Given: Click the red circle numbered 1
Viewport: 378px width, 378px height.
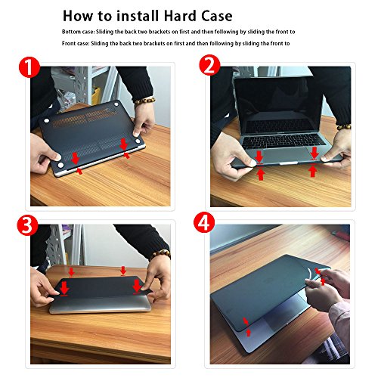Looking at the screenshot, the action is (29, 67).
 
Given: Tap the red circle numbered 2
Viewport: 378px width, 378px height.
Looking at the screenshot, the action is (209, 65).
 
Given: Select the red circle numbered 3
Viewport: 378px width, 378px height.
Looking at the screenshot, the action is (27, 225).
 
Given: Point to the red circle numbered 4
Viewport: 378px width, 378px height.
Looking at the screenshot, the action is (204, 222).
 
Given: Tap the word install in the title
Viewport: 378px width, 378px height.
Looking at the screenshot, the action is (138, 16).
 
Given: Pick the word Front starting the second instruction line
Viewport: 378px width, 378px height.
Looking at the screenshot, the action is (68, 43).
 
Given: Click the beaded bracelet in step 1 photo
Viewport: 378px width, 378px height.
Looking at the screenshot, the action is (144, 101).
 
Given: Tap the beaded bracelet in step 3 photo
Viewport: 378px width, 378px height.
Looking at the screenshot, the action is (160, 255).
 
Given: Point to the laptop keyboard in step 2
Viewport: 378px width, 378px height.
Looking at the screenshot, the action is (283, 141).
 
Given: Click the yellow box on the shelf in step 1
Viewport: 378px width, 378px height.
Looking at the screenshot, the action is (96, 95).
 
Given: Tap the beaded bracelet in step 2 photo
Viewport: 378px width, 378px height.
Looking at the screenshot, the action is (344, 127).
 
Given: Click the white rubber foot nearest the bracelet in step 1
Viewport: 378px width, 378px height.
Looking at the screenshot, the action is (116, 104).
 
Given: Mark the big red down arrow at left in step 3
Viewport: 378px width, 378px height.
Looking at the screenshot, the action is (64, 287).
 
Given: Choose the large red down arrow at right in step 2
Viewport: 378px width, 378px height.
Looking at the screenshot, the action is (314, 153).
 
